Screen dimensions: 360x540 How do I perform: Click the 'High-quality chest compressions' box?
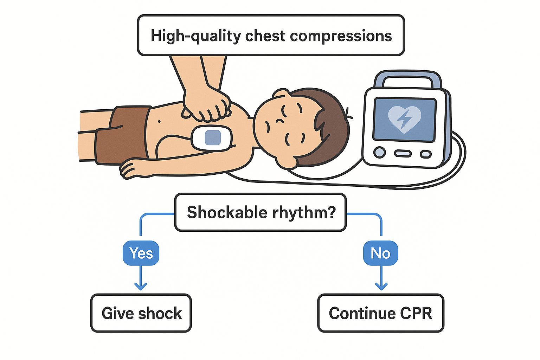271,35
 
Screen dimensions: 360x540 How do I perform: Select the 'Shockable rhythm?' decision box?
261,212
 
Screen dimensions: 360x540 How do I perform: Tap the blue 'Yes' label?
141,253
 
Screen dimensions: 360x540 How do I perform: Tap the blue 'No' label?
380,253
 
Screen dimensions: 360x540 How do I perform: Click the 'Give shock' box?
141,313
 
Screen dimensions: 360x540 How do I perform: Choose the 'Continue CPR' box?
380,313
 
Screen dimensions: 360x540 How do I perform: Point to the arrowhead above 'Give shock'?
141,286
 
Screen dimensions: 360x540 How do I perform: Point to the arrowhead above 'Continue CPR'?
381,286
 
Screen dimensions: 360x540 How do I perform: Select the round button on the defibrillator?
379,153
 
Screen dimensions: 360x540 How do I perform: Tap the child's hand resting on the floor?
132,169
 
